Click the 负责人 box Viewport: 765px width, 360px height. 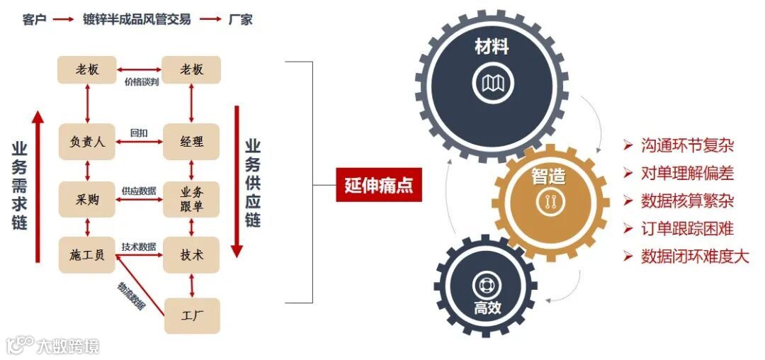87,142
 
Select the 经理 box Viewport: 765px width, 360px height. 191,142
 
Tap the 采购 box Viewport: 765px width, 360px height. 87,199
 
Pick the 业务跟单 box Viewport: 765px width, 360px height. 191,199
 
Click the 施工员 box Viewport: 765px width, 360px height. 87,254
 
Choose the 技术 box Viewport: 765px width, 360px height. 191,254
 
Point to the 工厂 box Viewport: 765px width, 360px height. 191,315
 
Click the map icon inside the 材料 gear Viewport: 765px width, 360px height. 492,84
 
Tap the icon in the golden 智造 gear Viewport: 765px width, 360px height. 548,202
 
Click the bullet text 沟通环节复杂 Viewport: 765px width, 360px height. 686,146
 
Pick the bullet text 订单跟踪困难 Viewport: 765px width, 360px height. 686,228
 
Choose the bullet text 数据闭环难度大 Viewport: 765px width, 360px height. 694,256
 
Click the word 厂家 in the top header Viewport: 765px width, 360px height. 240,20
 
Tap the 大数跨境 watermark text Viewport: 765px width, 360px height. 69,346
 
